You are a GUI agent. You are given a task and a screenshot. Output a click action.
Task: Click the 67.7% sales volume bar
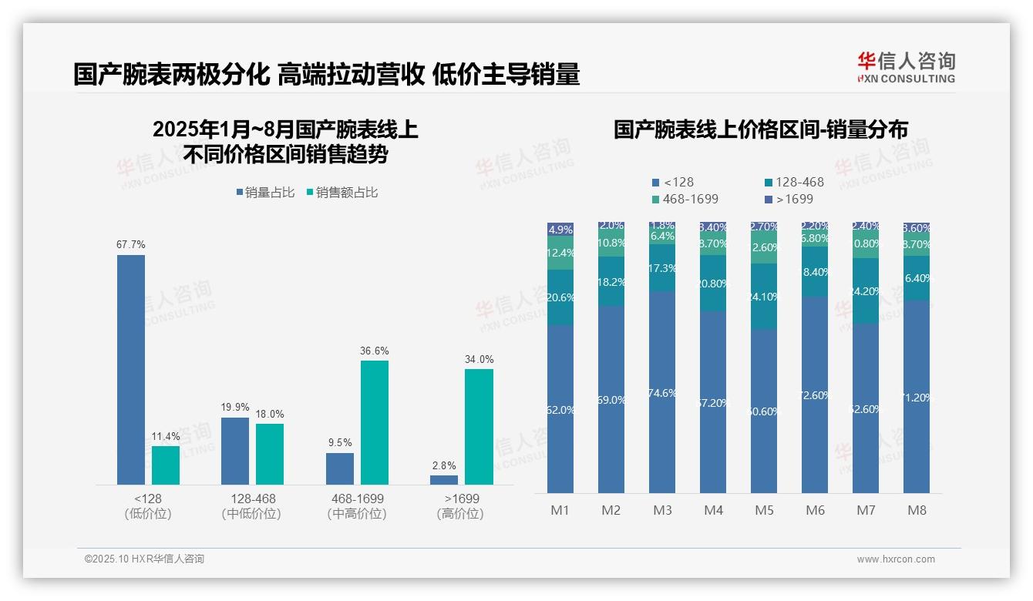131,370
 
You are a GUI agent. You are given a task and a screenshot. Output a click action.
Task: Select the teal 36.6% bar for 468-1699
375,422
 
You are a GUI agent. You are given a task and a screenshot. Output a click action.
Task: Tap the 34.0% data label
479,359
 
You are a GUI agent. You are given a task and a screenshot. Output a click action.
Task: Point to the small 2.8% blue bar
444,480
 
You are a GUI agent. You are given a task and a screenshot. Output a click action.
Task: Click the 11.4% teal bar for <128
166,465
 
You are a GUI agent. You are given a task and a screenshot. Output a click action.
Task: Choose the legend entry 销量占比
265,193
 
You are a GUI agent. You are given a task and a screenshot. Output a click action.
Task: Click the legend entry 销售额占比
342,193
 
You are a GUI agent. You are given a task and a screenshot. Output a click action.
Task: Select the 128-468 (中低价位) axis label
251,506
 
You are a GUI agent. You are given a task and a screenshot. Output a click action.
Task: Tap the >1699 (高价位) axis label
462,506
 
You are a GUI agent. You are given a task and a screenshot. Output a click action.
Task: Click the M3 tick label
662,511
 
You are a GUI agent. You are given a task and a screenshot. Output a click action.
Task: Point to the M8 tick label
917,511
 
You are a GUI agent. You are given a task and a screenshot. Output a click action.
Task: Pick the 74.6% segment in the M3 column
662,392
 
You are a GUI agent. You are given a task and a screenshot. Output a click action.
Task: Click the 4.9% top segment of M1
560,229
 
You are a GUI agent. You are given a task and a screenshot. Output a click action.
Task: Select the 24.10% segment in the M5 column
764,297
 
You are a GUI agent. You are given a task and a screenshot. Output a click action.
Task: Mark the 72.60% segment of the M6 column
815,395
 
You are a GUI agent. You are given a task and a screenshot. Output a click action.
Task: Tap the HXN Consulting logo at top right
906,68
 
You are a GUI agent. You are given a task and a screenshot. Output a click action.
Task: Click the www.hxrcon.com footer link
896,559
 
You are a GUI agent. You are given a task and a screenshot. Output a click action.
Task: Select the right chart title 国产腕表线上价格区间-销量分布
760,129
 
